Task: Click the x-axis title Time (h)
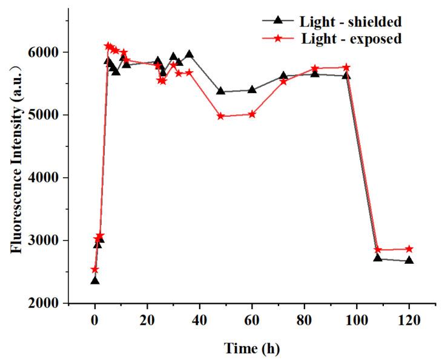click(252, 348)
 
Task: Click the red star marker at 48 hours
click(220, 116)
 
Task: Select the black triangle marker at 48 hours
click(220, 91)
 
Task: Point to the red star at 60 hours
click(252, 114)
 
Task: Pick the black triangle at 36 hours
click(189, 54)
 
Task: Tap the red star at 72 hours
click(283, 81)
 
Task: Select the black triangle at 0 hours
click(95, 280)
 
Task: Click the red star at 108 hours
click(377, 249)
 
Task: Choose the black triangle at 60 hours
click(252, 90)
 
